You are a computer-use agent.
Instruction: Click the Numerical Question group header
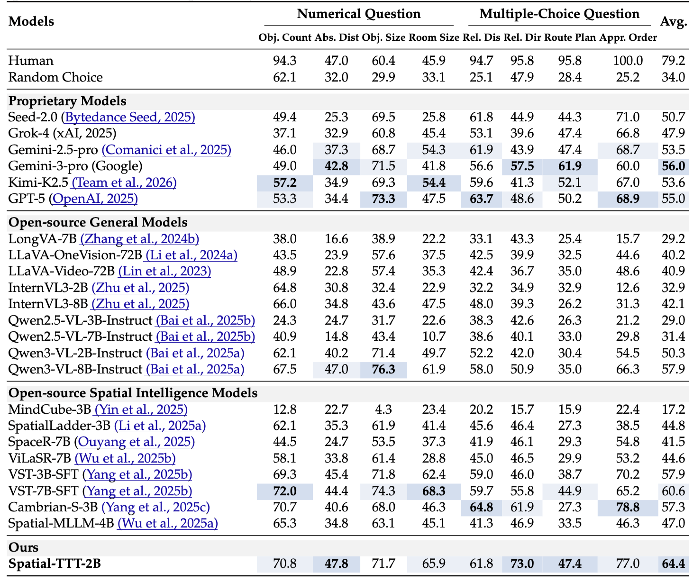358,14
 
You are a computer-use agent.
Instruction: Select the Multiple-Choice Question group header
559,14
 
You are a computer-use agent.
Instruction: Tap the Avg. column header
673,21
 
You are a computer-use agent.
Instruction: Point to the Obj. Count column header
285,37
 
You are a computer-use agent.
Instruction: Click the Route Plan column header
570,37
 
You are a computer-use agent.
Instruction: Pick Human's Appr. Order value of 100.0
628,61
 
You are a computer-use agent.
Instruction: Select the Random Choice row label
55,77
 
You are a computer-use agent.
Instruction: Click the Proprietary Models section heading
67,101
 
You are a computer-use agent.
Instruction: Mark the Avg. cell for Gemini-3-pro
673,166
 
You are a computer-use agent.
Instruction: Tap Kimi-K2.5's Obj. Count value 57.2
285,182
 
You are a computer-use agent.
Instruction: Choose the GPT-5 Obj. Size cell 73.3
383,199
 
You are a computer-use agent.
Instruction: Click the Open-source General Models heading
98,222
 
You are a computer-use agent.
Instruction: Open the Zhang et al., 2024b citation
139,239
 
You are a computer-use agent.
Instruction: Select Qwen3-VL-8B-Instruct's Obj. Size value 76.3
383,369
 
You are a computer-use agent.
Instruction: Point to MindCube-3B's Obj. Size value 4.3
383,409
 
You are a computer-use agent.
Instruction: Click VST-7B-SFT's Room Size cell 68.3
433,491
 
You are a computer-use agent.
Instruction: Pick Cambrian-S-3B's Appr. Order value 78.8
628,507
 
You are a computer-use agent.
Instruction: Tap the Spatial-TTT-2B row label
55,563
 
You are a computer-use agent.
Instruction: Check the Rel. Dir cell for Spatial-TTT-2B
522,563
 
